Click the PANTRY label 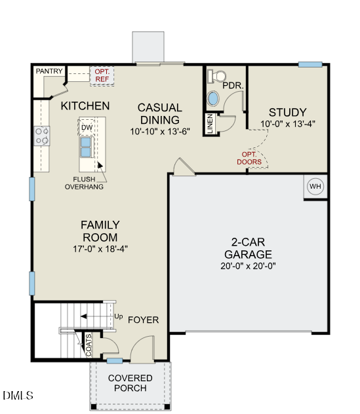pyautogui.click(x=49, y=71)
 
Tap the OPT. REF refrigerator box pyautogui.click(x=102, y=75)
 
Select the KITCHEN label pyautogui.click(x=85, y=105)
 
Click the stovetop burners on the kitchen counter pyautogui.click(x=42, y=136)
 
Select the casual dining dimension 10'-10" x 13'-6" pyautogui.click(x=160, y=131)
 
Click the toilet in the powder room pyautogui.click(x=214, y=77)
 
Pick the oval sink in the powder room pyautogui.click(x=214, y=99)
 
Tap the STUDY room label pyautogui.click(x=287, y=112)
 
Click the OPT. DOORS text pyautogui.click(x=249, y=158)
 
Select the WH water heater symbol pyautogui.click(x=315, y=187)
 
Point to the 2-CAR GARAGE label pyautogui.click(x=248, y=248)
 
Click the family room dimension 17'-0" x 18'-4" pyautogui.click(x=100, y=248)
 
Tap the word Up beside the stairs pyautogui.click(x=119, y=316)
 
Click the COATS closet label pyautogui.click(x=89, y=345)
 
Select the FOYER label pyautogui.click(x=143, y=320)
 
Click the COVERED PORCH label pyautogui.click(x=130, y=383)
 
